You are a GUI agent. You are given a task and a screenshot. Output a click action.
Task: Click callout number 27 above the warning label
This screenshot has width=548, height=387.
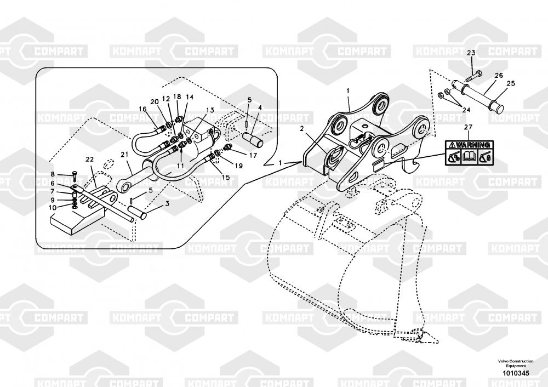(x=467, y=128)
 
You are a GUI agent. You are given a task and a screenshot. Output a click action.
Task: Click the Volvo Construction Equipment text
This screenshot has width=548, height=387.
(x=515, y=363)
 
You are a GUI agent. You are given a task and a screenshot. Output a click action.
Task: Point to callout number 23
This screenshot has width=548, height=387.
(x=471, y=53)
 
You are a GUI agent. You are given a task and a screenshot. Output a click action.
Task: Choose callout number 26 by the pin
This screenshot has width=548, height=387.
(x=499, y=75)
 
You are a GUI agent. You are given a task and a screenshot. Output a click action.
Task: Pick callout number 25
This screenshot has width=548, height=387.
(x=511, y=84)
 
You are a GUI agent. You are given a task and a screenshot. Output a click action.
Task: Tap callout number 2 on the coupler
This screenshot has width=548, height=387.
(x=301, y=128)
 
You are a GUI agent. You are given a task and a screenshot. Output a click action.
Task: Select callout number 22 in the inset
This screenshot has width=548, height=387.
(x=90, y=160)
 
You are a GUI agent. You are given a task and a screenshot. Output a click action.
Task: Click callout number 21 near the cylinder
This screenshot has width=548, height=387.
(x=124, y=155)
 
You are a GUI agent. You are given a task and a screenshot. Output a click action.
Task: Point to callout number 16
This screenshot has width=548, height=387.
(x=142, y=109)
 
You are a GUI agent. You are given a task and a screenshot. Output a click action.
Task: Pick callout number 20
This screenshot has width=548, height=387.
(x=155, y=102)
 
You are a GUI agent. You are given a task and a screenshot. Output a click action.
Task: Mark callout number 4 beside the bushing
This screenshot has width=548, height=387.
(x=260, y=108)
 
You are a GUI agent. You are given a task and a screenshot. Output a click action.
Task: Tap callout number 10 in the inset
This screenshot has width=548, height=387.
(x=53, y=208)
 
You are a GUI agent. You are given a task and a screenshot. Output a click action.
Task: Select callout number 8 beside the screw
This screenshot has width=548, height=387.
(x=53, y=174)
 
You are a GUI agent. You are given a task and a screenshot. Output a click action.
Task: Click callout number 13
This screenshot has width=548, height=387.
(x=210, y=110)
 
